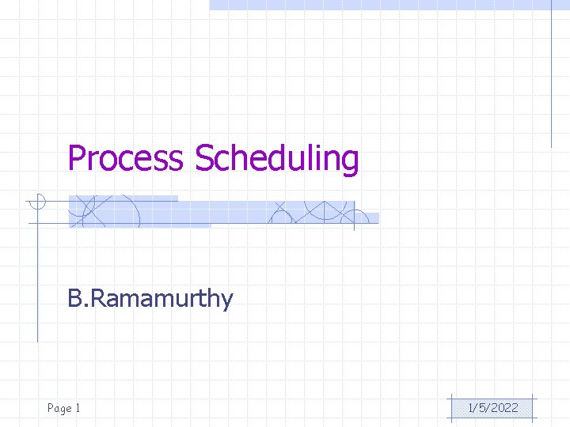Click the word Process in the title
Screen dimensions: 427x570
[x=125, y=158]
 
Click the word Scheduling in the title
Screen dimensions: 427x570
[x=276, y=158]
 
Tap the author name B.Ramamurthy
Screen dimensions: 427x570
[x=150, y=299]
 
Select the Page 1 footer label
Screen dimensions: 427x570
[x=64, y=408]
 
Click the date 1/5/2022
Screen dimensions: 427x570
[x=493, y=408]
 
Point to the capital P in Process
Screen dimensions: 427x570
[x=77, y=158]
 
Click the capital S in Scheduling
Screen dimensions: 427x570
[x=203, y=158]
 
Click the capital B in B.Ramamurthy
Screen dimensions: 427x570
[x=74, y=299]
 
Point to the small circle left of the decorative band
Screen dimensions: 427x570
[x=36, y=202]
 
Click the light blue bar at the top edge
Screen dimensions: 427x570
[x=388, y=4]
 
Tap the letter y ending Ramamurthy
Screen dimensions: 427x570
[x=227, y=301]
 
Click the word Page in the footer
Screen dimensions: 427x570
[x=59, y=408]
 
